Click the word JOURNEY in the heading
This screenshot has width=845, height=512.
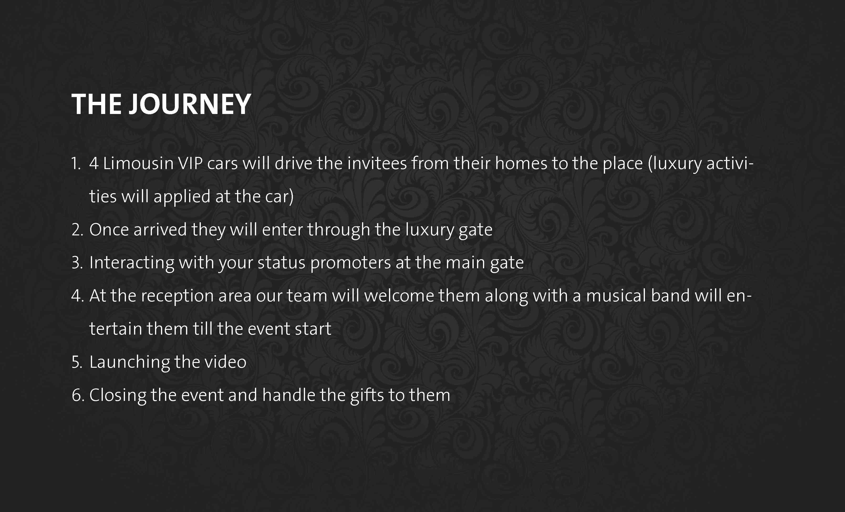click(190, 104)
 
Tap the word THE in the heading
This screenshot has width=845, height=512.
click(96, 104)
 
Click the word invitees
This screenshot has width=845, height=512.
click(377, 163)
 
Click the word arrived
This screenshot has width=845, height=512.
click(160, 230)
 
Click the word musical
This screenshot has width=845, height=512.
click(616, 296)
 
